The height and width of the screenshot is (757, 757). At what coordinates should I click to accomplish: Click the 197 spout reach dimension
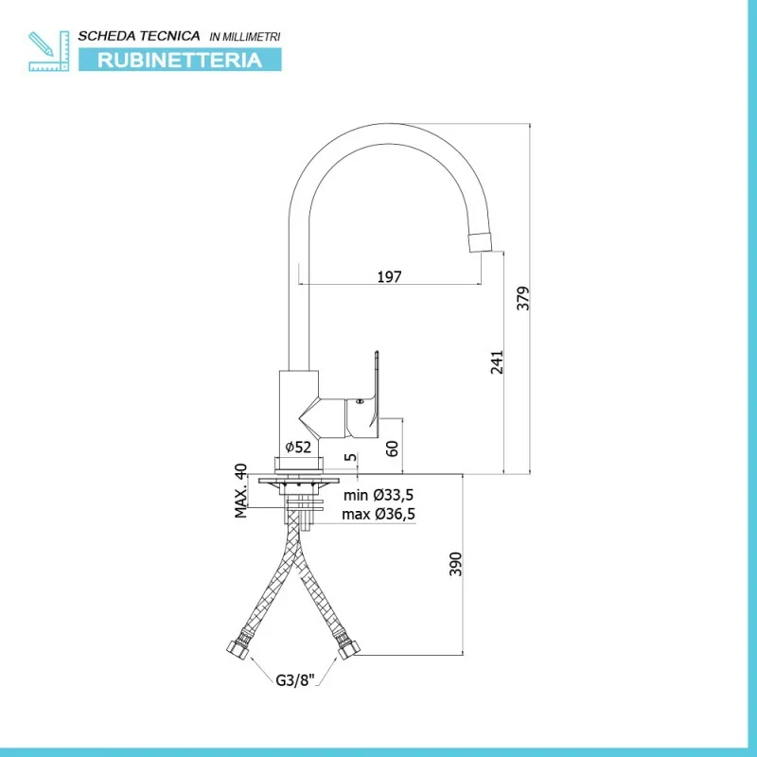pos(389,276)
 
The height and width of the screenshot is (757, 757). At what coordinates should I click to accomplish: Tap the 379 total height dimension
pos(523,298)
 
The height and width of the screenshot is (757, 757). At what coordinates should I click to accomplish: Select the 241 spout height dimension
pos(497,362)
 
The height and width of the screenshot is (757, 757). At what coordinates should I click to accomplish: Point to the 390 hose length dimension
pos(456,564)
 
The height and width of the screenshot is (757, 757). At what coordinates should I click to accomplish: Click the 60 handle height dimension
pos(393,449)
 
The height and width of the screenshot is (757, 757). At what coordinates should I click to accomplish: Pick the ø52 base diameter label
pos(298,447)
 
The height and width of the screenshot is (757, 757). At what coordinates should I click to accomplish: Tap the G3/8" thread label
pos(295,680)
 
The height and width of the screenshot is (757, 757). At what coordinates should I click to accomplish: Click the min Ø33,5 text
pos(378,495)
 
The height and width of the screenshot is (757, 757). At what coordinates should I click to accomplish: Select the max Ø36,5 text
pos(378,514)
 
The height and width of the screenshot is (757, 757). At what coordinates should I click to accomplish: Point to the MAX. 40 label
pos(241,490)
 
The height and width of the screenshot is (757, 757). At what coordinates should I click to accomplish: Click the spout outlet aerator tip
pos(481,241)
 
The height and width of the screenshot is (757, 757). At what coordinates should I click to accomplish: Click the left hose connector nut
pos(238,649)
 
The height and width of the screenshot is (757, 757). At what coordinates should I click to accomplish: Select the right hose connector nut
pos(346,650)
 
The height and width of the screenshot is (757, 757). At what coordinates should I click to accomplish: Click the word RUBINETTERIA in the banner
pos(180,61)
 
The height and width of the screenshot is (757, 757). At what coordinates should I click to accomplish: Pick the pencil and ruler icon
pos(49,51)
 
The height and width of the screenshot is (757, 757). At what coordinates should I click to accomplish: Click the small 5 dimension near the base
pos(351,457)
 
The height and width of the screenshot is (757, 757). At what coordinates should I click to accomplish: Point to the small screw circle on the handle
pos(359,401)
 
